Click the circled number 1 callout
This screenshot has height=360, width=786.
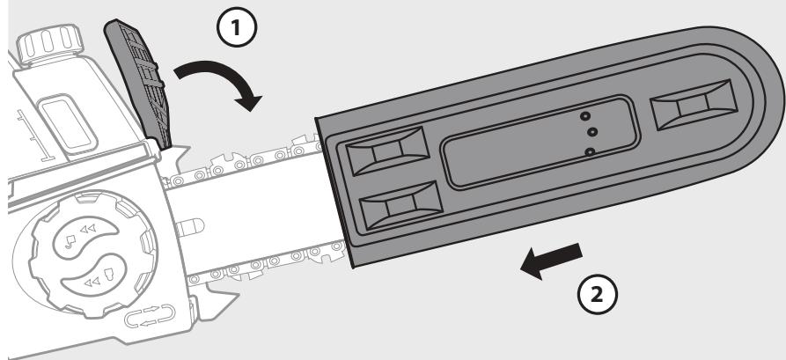coord(237,27)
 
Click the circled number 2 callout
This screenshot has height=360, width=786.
coord(598,295)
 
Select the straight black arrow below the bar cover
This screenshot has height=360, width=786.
coord(551,261)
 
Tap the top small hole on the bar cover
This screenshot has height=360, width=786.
coord(584,116)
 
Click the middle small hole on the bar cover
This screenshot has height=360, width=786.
coord(592,132)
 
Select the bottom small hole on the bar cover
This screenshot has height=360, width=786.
coord(590,151)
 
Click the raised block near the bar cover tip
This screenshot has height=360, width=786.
coord(694,105)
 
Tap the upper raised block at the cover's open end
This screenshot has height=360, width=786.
coord(387,151)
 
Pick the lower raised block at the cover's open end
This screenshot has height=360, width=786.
coord(401,206)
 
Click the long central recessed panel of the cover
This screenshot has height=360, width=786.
coord(540,143)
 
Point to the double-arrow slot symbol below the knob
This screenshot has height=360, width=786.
coord(150,316)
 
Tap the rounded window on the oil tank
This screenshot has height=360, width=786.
coord(69,123)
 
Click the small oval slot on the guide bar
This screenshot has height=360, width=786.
coord(190,227)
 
